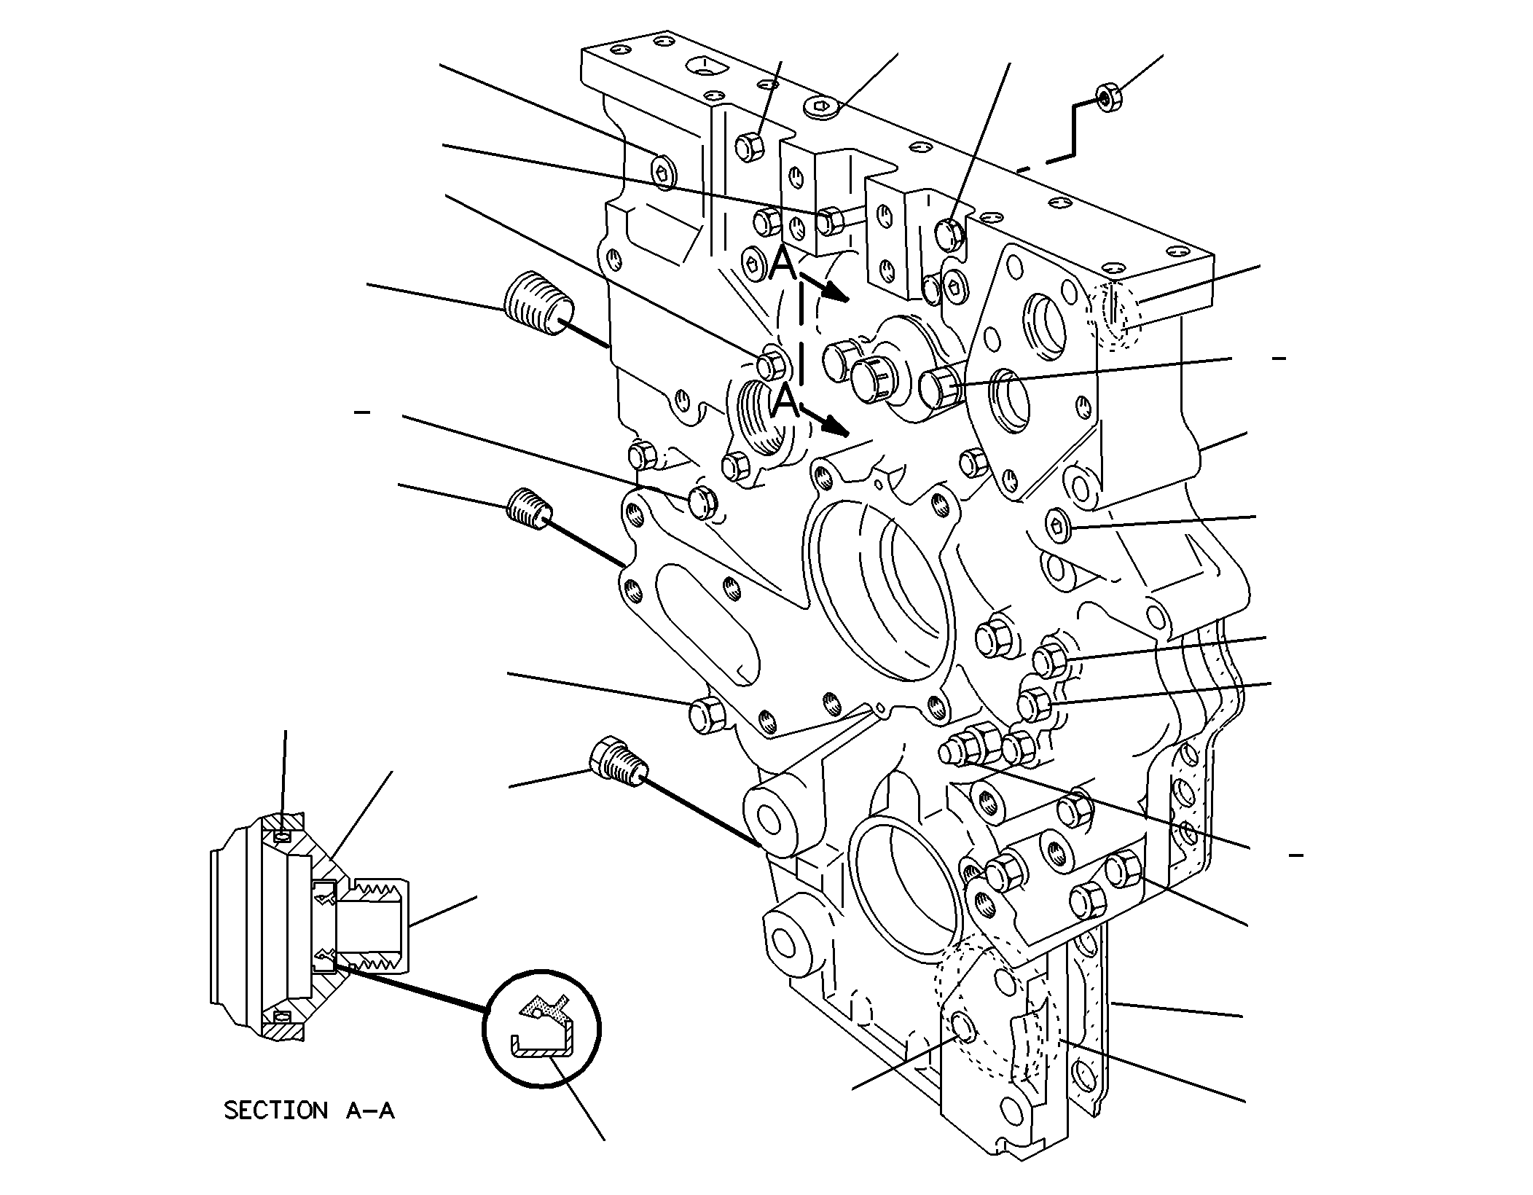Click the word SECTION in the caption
pos(275,1110)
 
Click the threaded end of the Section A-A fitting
pos(380,926)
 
